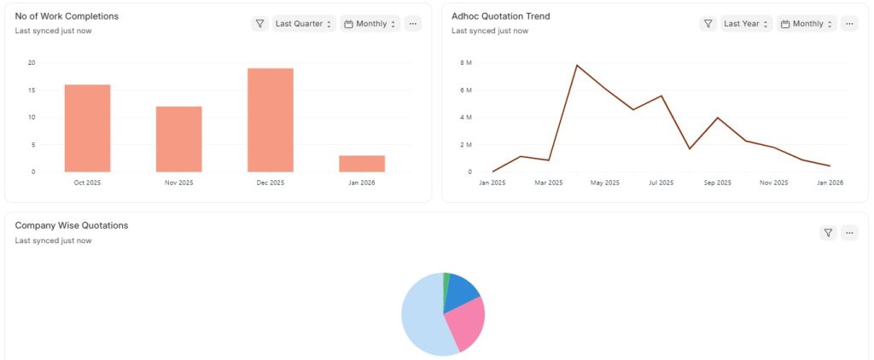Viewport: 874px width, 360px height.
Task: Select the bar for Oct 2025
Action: [x=88, y=128]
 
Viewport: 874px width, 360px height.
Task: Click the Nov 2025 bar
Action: [x=179, y=139]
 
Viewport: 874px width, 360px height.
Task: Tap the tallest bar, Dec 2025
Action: [x=271, y=119]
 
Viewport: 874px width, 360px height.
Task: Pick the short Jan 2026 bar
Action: [x=362, y=164]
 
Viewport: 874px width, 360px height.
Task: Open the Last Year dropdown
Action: [x=746, y=24]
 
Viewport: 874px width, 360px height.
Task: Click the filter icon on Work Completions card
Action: [x=259, y=24]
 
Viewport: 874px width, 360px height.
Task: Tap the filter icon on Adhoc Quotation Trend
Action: [x=708, y=24]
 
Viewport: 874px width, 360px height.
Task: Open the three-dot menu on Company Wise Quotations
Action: [x=849, y=233]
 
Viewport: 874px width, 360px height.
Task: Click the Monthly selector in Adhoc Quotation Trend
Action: [x=807, y=24]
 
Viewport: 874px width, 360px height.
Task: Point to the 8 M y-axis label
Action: [x=466, y=63]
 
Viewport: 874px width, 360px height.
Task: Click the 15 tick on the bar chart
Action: [x=32, y=90]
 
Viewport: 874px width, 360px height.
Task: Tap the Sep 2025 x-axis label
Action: [x=717, y=183]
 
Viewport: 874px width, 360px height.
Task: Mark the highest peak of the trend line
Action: [x=577, y=65]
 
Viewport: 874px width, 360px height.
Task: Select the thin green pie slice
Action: [x=446, y=284]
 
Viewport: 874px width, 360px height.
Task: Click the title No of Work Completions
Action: [x=67, y=16]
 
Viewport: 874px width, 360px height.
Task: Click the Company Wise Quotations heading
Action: [x=72, y=225]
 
